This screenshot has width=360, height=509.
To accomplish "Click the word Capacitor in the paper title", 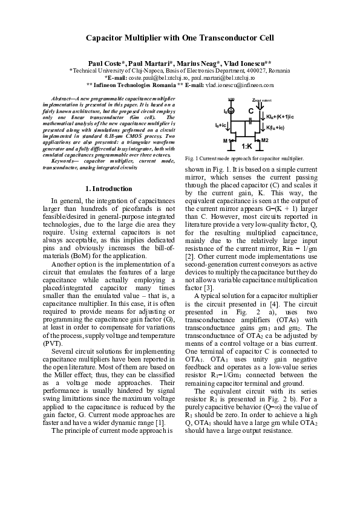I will point(108,37).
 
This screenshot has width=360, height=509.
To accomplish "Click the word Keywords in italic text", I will point(65,161).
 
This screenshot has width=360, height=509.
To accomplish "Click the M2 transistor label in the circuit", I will point(264,140).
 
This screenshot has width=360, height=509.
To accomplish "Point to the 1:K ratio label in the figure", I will point(247,146).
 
